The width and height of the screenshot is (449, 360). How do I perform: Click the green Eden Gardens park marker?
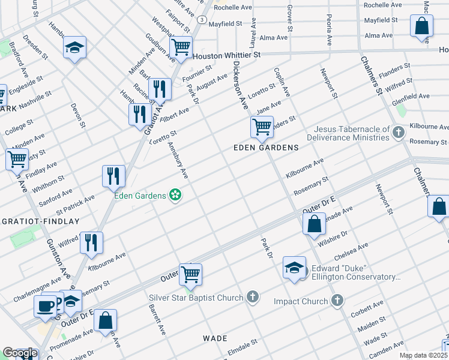click(x=175, y=195)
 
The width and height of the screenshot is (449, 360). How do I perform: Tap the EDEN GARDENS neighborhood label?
click(x=266, y=148)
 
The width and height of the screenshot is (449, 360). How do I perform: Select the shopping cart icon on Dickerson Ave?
click(x=262, y=127)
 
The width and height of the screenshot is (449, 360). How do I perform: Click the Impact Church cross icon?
click(x=337, y=301)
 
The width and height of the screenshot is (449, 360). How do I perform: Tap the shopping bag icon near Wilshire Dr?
click(x=314, y=225)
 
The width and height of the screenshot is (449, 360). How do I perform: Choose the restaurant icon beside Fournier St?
click(x=160, y=89)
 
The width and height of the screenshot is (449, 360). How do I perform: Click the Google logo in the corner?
click(x=20, y=353)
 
